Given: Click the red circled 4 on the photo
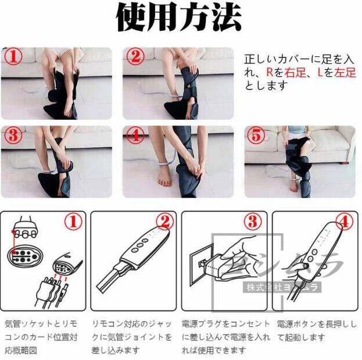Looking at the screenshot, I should point(135,136).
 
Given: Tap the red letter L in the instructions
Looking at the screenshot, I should point(320,72).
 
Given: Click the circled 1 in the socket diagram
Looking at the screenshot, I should point(72,222).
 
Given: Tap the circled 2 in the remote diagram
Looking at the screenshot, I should point(163,222).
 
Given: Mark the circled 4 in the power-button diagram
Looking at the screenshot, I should point(344,222).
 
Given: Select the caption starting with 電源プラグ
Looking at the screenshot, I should point(225,337).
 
